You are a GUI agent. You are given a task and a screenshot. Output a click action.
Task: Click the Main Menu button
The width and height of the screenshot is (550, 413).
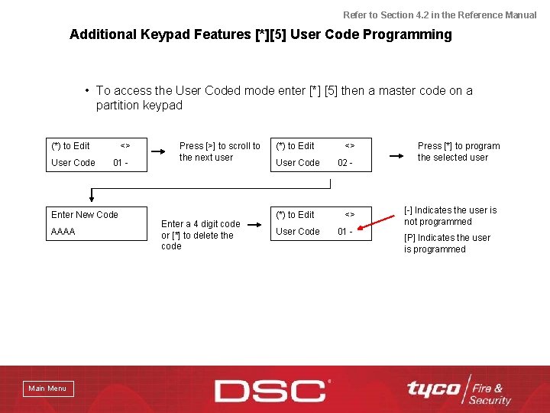[x=47, y=389]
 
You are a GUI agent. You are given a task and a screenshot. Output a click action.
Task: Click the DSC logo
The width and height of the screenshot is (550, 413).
[x=270, y=390]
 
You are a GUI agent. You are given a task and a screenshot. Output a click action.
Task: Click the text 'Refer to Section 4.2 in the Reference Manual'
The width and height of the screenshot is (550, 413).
[x=439, y=15]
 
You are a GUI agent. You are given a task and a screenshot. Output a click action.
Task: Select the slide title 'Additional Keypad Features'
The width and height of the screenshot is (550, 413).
[x=160, y=34]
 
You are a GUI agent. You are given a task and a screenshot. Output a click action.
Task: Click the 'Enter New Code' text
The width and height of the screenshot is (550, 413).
[x=85, y=215]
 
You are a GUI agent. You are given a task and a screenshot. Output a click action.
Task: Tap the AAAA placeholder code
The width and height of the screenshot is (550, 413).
[x=63, y=231]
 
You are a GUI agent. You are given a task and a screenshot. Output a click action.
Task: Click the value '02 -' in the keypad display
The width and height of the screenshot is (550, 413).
[x=345, y=163]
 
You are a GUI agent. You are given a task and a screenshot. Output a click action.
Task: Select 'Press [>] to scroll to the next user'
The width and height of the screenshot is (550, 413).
[x=219, y=151]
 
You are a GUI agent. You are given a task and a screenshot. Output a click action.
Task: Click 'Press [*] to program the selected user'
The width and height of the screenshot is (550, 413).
[x=458, y=151]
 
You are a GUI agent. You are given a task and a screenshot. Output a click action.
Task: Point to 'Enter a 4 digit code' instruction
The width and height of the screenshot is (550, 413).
[x=200, y=224]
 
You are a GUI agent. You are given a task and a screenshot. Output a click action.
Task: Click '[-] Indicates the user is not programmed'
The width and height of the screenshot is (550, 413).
[x=450, y=216]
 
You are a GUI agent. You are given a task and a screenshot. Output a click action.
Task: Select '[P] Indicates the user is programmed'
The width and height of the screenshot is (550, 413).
[x=447, y=243]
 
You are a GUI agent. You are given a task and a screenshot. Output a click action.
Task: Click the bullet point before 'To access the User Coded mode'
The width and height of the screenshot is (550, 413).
[x=89, y=91]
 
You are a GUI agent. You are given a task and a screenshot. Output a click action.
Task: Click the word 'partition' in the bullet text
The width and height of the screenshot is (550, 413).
[x=119, y=106]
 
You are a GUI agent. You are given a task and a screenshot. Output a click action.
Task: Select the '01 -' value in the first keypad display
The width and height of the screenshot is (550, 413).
[x=120, y=163]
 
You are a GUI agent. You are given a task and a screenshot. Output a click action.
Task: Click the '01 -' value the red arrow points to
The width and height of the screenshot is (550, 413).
[x=345, y=232]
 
